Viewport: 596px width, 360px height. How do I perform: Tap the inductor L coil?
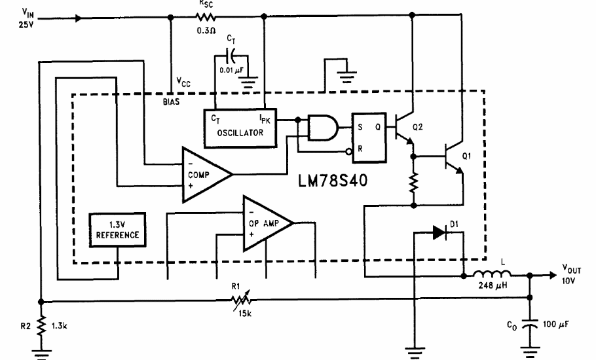(491, 275)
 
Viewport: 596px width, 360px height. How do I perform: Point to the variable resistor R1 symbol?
(239, 300)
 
